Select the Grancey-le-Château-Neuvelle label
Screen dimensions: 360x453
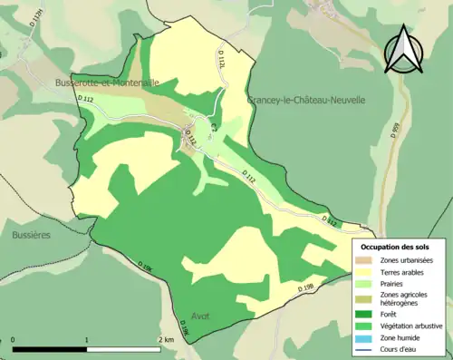(x=306, y=100)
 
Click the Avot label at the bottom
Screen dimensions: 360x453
(x=202, y=316)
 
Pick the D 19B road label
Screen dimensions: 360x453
(x=307, y=288)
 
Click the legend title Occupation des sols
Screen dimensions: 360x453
(x=395, y=247)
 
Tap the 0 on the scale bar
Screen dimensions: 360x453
(x=13, y=340)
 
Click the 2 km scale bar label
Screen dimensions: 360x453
(x=165, y=340)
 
